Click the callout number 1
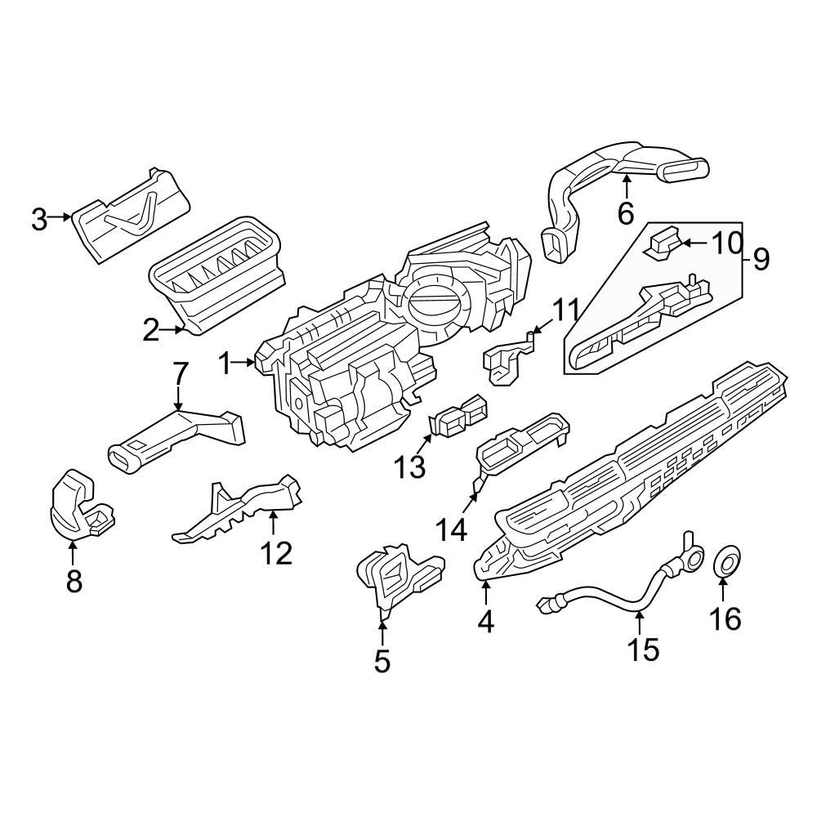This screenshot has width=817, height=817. click(x=225, y=363)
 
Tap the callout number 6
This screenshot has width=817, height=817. click(x=625, y=214)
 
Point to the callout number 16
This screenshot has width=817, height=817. click(x=725, y=618)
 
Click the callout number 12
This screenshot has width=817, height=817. click(x=276, y=553)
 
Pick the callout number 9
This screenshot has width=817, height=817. click(x=760, y=260)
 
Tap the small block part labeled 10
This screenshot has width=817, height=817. click(x=663, y=242)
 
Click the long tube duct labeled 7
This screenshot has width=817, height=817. click(x=176, y=439)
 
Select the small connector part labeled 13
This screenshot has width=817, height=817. click(x=459, y=415)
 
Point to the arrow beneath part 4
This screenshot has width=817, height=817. click(x=485, y=590)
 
